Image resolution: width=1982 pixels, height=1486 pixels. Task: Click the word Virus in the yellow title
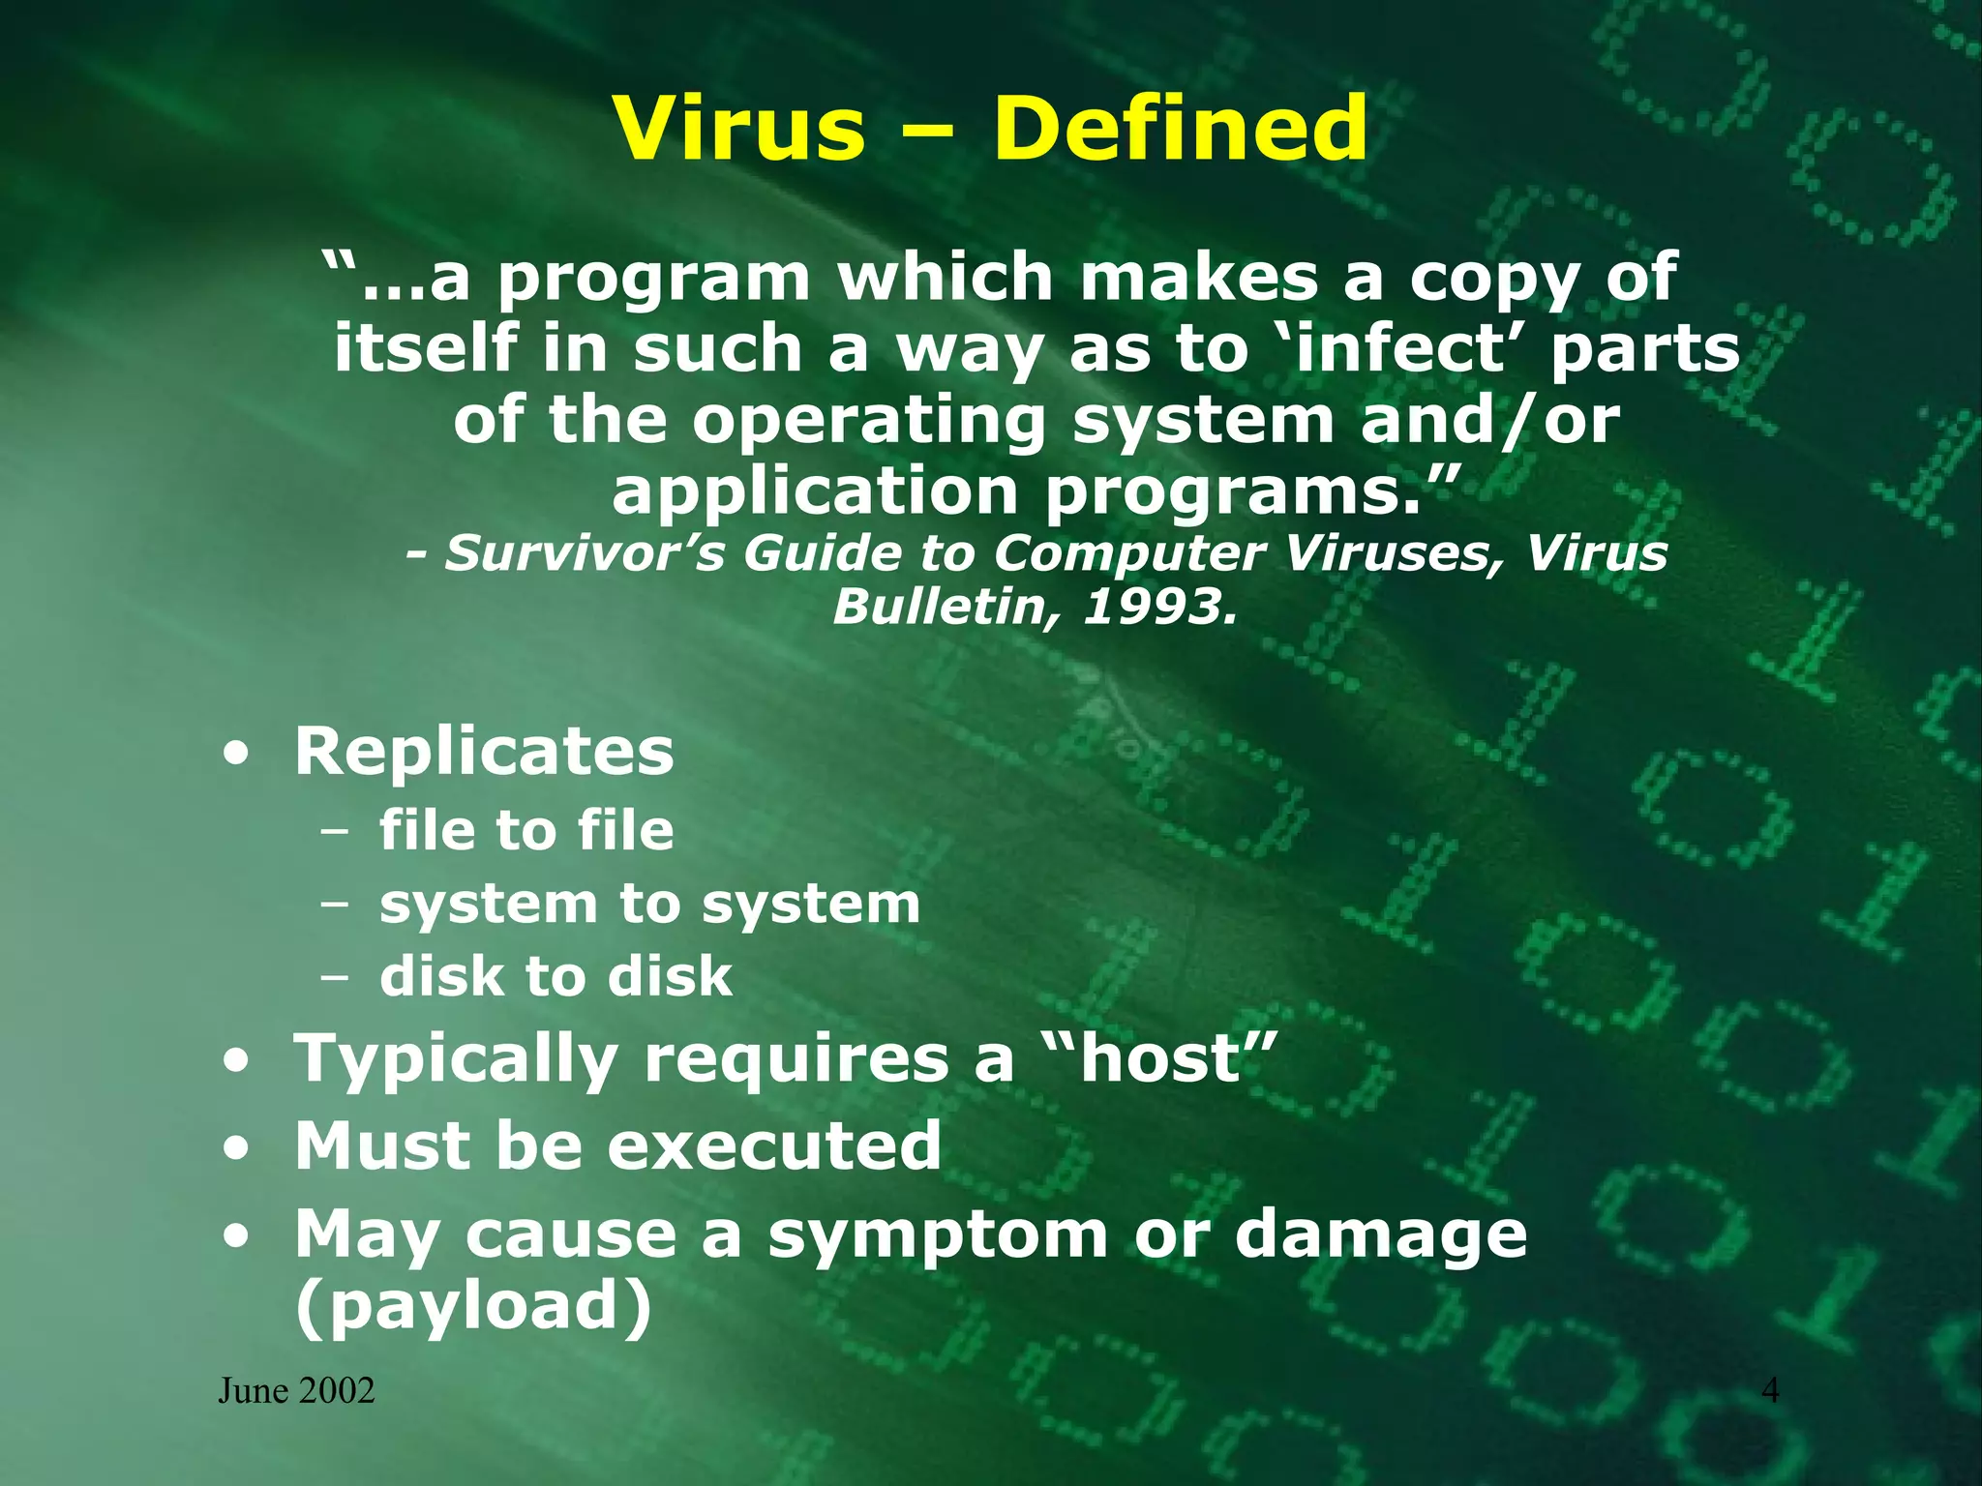point(739,129)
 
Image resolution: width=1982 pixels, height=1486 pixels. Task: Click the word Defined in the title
point(1180,129)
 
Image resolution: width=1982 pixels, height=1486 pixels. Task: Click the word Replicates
point(484,752)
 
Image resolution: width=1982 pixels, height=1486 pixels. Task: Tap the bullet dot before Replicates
point(235,756)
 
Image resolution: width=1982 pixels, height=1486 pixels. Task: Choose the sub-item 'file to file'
point(526,831)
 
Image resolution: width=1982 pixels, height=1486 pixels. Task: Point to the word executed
point(773,1146)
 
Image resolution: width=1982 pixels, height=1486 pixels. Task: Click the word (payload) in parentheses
point(473,1306)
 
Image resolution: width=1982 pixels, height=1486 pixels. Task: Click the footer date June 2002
point(296,1391)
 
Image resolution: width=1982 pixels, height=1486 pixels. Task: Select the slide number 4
point(1770,1391)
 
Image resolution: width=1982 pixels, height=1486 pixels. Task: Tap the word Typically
point(456,1060)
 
